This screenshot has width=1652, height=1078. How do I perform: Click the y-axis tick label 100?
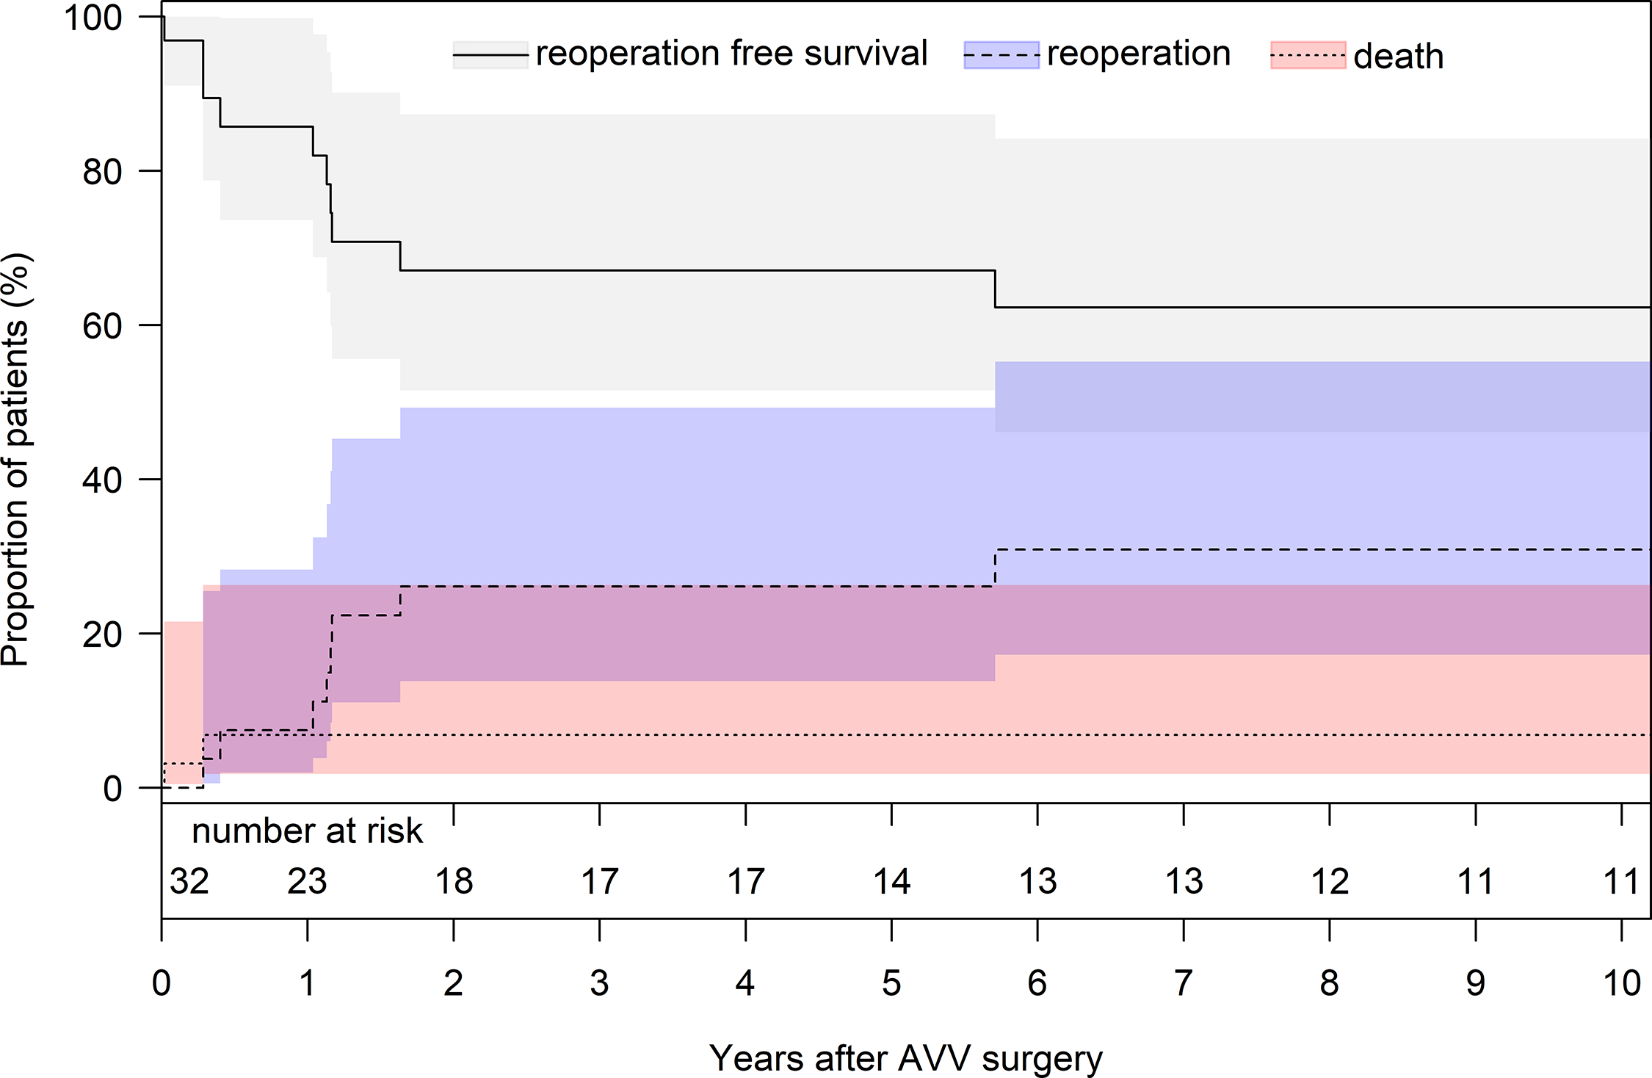tap(93, 18)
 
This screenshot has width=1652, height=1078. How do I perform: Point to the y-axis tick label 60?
tap(102, 326)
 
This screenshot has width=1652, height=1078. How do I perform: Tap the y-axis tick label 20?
tap(102, 634)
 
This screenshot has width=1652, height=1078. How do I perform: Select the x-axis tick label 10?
tap(1621, 983)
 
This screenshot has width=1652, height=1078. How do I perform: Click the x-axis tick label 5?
tap(891, 983)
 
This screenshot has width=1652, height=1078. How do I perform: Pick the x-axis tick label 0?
tap(162, 983)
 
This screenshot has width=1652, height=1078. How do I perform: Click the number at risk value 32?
tap(189, 881)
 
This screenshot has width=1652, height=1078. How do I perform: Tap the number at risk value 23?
tap(307, 881)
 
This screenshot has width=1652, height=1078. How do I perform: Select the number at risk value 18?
tap(454, 881)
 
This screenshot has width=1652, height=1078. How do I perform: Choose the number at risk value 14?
tap(891, 881)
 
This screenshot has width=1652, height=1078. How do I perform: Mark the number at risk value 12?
tap(1330, 881)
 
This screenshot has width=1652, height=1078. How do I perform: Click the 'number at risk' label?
tap(307, 831)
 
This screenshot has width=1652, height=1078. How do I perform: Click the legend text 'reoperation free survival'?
tap(731, 54)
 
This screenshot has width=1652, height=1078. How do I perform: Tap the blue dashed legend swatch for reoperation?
tap(1001, 55)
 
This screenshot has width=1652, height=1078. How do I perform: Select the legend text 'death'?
tap(1398, 57)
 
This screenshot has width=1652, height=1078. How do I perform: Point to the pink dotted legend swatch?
tap(1308, 55)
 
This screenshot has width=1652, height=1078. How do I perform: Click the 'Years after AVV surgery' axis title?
tap(905, 1058)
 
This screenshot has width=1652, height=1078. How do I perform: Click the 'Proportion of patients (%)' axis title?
tap(16, 460)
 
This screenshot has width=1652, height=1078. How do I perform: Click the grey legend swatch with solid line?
tap(490, 55)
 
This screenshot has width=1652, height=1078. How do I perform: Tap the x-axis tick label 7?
tap(1183, 983)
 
